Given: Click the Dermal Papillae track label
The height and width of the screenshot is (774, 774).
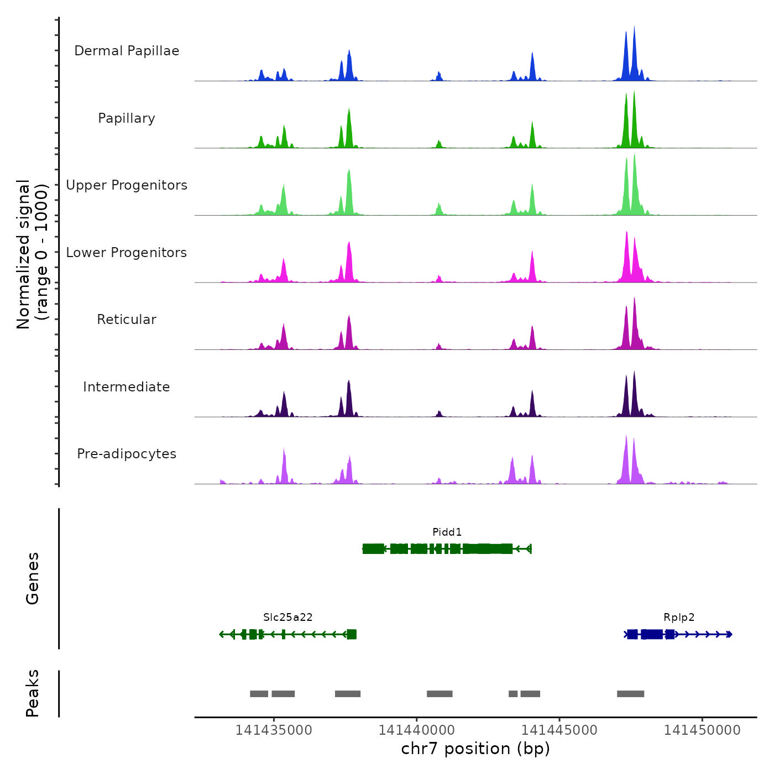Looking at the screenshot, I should click(127, 51).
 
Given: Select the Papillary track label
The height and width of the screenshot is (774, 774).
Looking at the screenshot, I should click(127, 118).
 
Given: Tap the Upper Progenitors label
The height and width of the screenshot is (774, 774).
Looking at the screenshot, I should click(127, 185).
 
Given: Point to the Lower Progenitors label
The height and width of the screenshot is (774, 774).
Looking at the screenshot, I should click(127, 253).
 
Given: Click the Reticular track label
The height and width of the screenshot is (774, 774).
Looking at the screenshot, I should click(127, 320).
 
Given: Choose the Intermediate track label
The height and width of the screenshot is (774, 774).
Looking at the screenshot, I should click(127, 387).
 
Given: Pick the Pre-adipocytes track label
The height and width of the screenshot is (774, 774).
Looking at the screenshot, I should click(127, 454).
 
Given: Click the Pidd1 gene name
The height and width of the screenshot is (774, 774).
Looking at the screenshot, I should click(447, 532).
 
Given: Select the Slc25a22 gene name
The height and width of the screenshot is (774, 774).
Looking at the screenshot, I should click(287, 618).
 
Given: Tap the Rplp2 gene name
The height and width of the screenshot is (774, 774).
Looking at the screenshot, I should click(679, 618).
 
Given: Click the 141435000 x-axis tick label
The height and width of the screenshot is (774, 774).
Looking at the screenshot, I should click(274, 730).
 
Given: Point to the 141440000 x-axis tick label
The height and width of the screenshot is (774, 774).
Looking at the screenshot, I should click(416, 730).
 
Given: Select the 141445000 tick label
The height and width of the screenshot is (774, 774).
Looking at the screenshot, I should click(559, 730).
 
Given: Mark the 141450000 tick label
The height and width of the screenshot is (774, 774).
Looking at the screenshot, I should click(702, 730).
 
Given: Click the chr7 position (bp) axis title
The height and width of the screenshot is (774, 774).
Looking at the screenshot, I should click(475, 749).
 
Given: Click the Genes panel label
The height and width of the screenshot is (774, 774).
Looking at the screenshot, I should click(33, 578).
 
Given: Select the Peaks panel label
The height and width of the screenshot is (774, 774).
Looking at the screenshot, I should click(33, 693).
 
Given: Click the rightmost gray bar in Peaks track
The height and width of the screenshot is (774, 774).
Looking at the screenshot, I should click(630, 694).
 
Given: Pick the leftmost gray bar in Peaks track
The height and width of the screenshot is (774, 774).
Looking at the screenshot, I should click(259, 694).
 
